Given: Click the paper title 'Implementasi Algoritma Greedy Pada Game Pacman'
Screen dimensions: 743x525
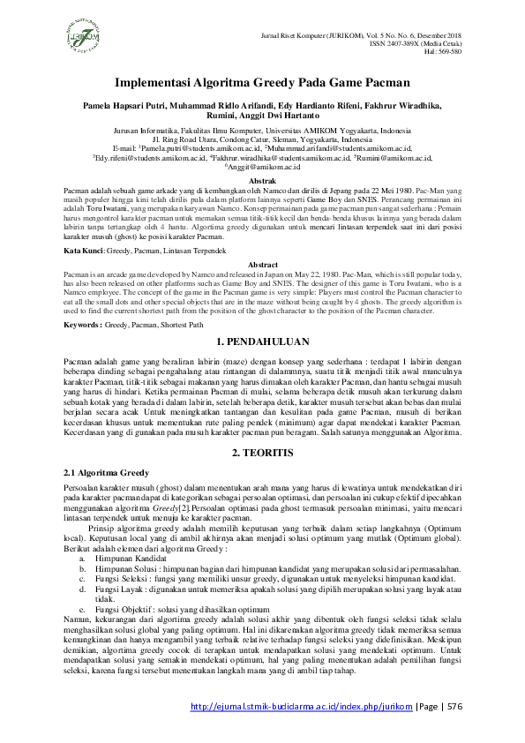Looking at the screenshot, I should pos(262,84).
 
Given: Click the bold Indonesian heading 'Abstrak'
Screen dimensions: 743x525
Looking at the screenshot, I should pos(263,180).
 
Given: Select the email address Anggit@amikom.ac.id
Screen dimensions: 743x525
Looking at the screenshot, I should pos(262,166).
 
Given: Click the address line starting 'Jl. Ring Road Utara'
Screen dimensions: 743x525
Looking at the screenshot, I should pos(262,139).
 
